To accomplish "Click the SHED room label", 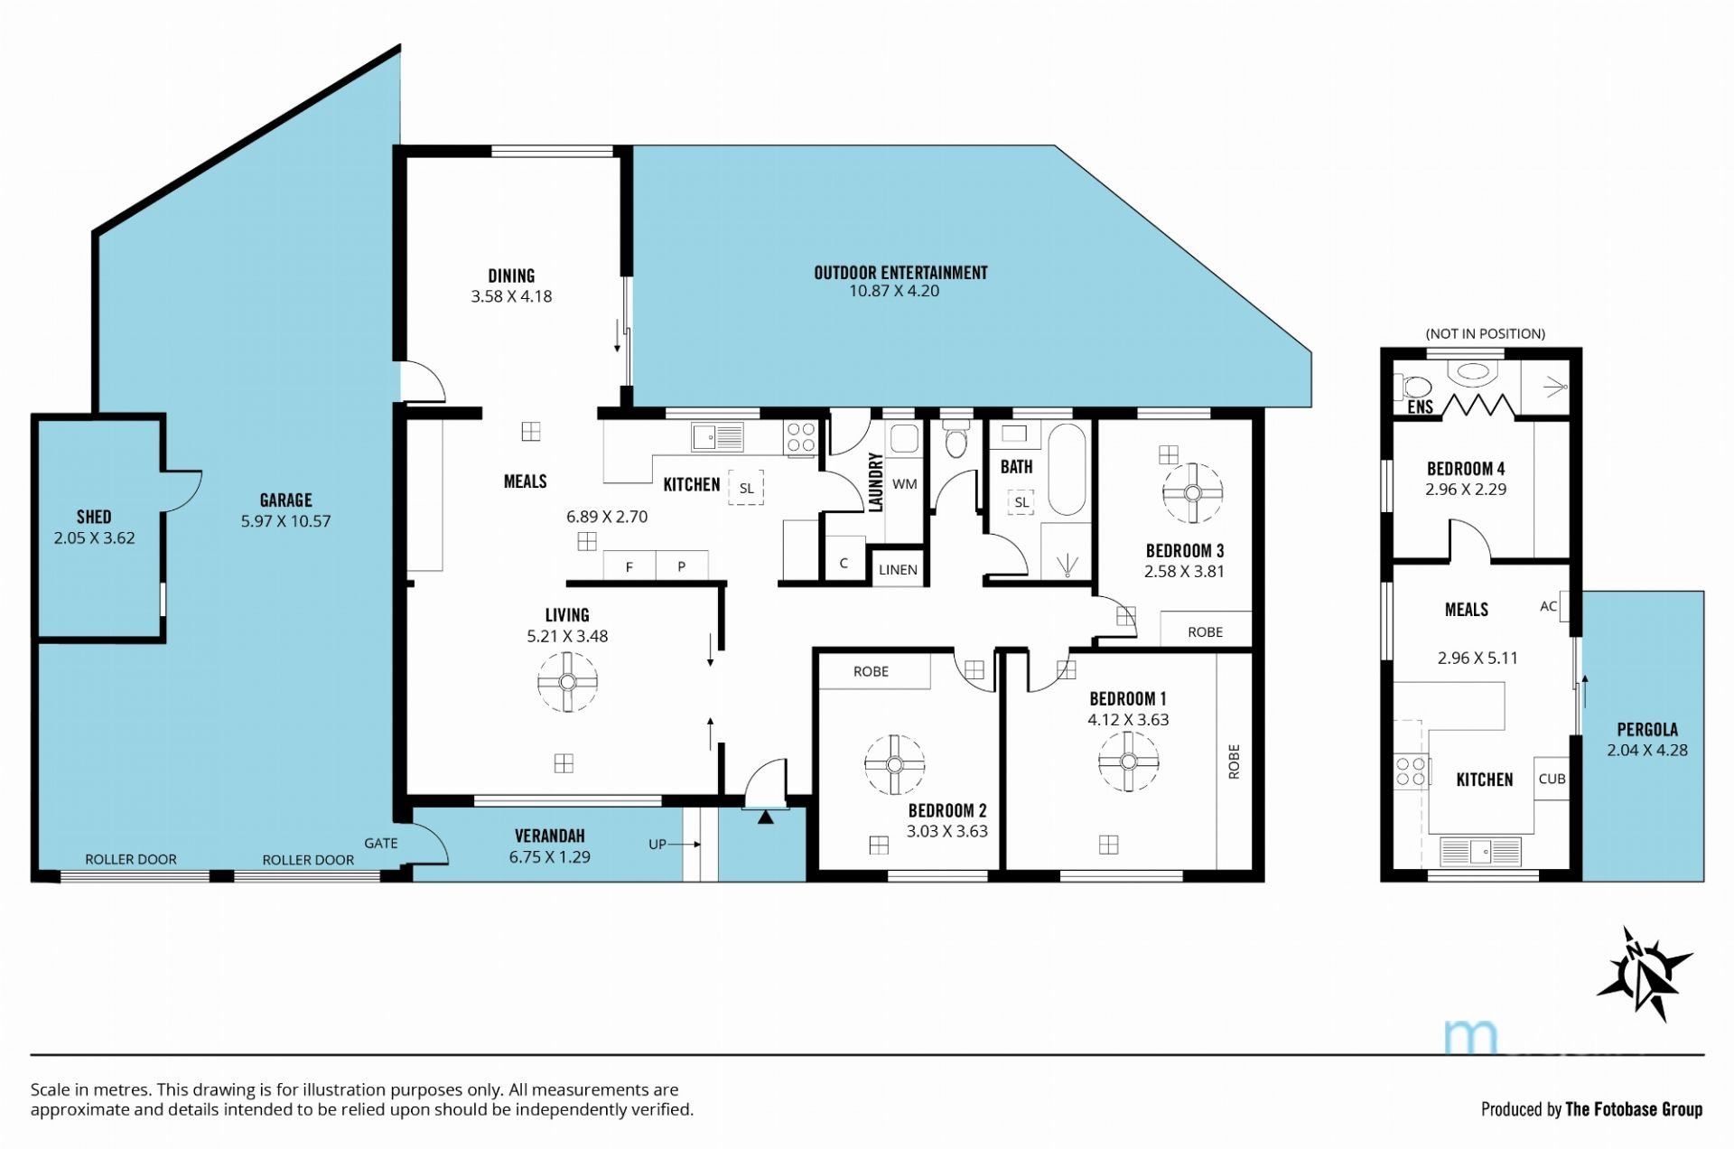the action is point(94,517).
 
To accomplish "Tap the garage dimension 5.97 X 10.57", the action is point(285,521).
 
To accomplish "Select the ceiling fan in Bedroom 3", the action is point(1192,493).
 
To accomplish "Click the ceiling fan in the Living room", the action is point(567,682).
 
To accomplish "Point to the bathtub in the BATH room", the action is point(1067,470).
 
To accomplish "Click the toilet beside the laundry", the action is point(955,438).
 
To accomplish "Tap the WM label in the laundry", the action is point(904,484).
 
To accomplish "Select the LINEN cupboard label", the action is point(898,570).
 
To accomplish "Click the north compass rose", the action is point(1644,974).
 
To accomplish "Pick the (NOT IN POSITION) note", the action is point(1485,334).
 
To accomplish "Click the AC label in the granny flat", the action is point(1548,607).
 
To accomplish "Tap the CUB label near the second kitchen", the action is point(1552,779).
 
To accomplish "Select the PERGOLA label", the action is point(1647,729).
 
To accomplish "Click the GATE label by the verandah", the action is point(380,843).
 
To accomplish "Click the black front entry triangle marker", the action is point(766,817).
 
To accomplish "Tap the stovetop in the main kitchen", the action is point(801,438).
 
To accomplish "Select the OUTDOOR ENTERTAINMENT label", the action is point(900,273).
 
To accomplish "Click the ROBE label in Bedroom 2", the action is point(871,672).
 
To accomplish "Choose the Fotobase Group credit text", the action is point(1591,1109).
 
